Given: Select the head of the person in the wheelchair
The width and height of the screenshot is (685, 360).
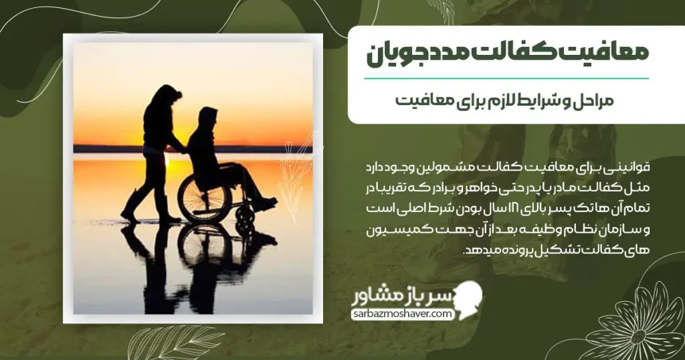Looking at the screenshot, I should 207,117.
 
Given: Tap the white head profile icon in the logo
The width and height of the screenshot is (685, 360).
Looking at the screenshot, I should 468,299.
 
